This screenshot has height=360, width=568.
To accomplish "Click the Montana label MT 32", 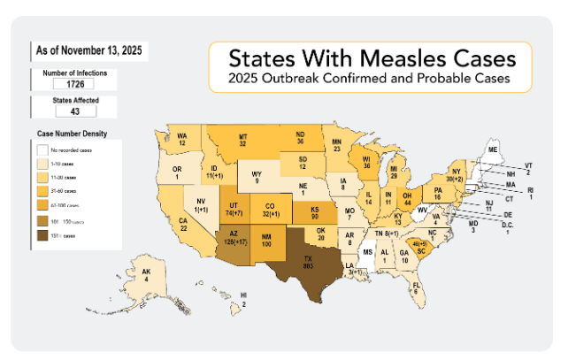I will [x=242, y=138].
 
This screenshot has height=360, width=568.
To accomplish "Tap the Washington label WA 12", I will [x=181, y=139].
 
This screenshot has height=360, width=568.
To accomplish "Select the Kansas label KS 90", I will [x=315, y=211].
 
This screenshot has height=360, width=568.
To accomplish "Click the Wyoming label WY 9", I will [x=256, y=176].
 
